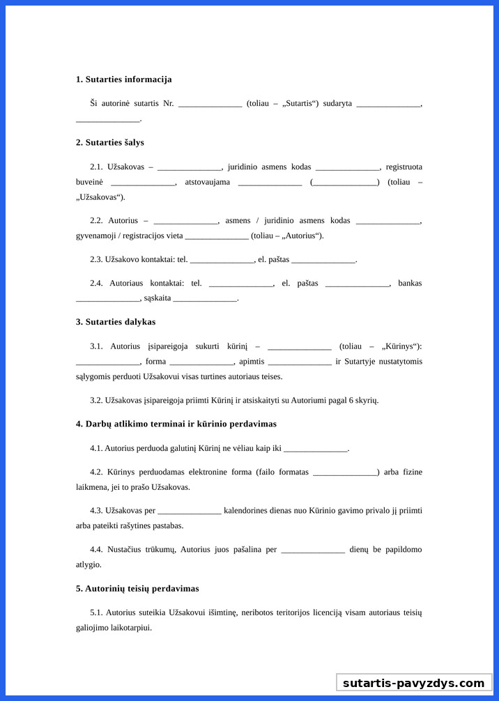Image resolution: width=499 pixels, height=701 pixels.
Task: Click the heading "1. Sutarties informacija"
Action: (x=123, y=79)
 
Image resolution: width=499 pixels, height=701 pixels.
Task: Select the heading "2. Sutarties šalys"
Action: (x=109, y=142)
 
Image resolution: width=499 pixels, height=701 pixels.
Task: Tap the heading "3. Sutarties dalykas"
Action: (x=116, y=322)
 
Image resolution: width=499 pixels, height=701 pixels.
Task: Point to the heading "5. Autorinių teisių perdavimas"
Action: (x=137, y=589)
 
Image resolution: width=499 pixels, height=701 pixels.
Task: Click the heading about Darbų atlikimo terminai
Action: (x=176, y=424)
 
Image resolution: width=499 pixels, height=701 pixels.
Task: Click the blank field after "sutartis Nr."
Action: (x=210, y=104)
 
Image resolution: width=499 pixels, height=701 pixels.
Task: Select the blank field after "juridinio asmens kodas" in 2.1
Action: (x=347, y=167)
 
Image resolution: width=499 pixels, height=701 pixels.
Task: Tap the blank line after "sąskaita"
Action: (x=205, y=299)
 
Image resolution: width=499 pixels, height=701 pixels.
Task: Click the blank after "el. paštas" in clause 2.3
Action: (x=323, y=260)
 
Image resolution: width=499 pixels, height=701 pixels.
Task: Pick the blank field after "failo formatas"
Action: (x=345, y=472)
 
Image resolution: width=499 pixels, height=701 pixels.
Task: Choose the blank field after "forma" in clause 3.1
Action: (x=201, y=362)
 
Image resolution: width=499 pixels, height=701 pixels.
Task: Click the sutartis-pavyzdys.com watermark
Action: (x=413, y=683)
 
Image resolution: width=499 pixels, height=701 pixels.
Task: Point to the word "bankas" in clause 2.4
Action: (x=410, y=284)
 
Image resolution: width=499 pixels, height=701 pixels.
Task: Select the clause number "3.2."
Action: (x=96, y=401)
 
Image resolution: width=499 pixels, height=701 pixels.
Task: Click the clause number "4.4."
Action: (x=96, y=550)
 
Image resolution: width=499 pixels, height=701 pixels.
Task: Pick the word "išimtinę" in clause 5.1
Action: (x=222, y=613)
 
